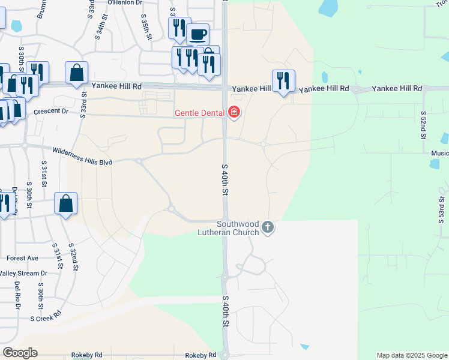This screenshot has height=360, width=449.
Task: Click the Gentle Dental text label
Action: click(x=199, y=113)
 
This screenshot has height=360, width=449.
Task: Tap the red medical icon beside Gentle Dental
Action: click(x=234, y=112)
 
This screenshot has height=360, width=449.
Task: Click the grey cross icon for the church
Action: click(x=268, y=227)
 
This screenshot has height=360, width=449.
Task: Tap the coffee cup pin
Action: click(x=197, y=34)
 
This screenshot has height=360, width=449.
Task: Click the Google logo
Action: click(x=20, y=353)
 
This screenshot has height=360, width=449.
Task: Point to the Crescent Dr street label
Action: click(x=52, y=112)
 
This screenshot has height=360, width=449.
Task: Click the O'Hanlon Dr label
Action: click(x=125, y=3)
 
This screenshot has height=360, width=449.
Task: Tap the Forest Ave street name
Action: click(x=22, y=259)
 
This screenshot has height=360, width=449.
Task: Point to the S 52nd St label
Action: click(x=423, y=125)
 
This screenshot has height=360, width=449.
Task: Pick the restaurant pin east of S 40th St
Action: click(x=283, y=81)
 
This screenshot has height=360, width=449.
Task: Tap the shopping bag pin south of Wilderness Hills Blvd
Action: click(x=66, y=203)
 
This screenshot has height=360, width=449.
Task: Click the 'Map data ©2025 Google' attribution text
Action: click(x=412, y=355)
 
